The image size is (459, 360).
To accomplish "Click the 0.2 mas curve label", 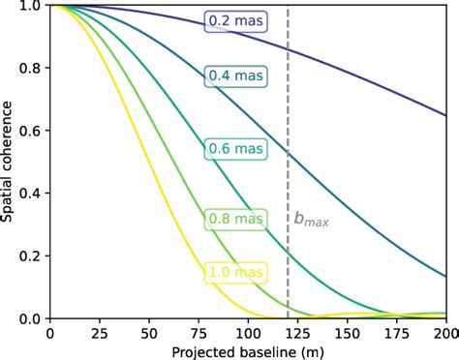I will (x=234, y=21).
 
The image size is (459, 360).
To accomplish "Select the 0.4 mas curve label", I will (x=234, y=77).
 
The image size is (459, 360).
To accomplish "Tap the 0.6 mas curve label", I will (x=234, y=149).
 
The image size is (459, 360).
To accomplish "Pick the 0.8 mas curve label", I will (x=234, y=220).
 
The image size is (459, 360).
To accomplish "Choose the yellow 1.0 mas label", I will (x=234, y=274).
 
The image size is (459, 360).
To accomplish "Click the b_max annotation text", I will (x=311, y=220).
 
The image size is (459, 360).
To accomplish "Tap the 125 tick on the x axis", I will (x=296, y=331).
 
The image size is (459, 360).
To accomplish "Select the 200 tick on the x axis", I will (x=444, y=331).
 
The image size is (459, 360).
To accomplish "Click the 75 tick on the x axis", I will (x=198, y=331).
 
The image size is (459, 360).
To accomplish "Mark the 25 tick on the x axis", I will (x=99, y=331).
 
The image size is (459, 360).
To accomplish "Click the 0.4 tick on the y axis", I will (x=29, y=194).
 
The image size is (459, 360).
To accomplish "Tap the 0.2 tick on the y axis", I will (x=29, y=255).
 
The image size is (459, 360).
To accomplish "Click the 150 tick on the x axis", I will (x=346, y=331).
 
